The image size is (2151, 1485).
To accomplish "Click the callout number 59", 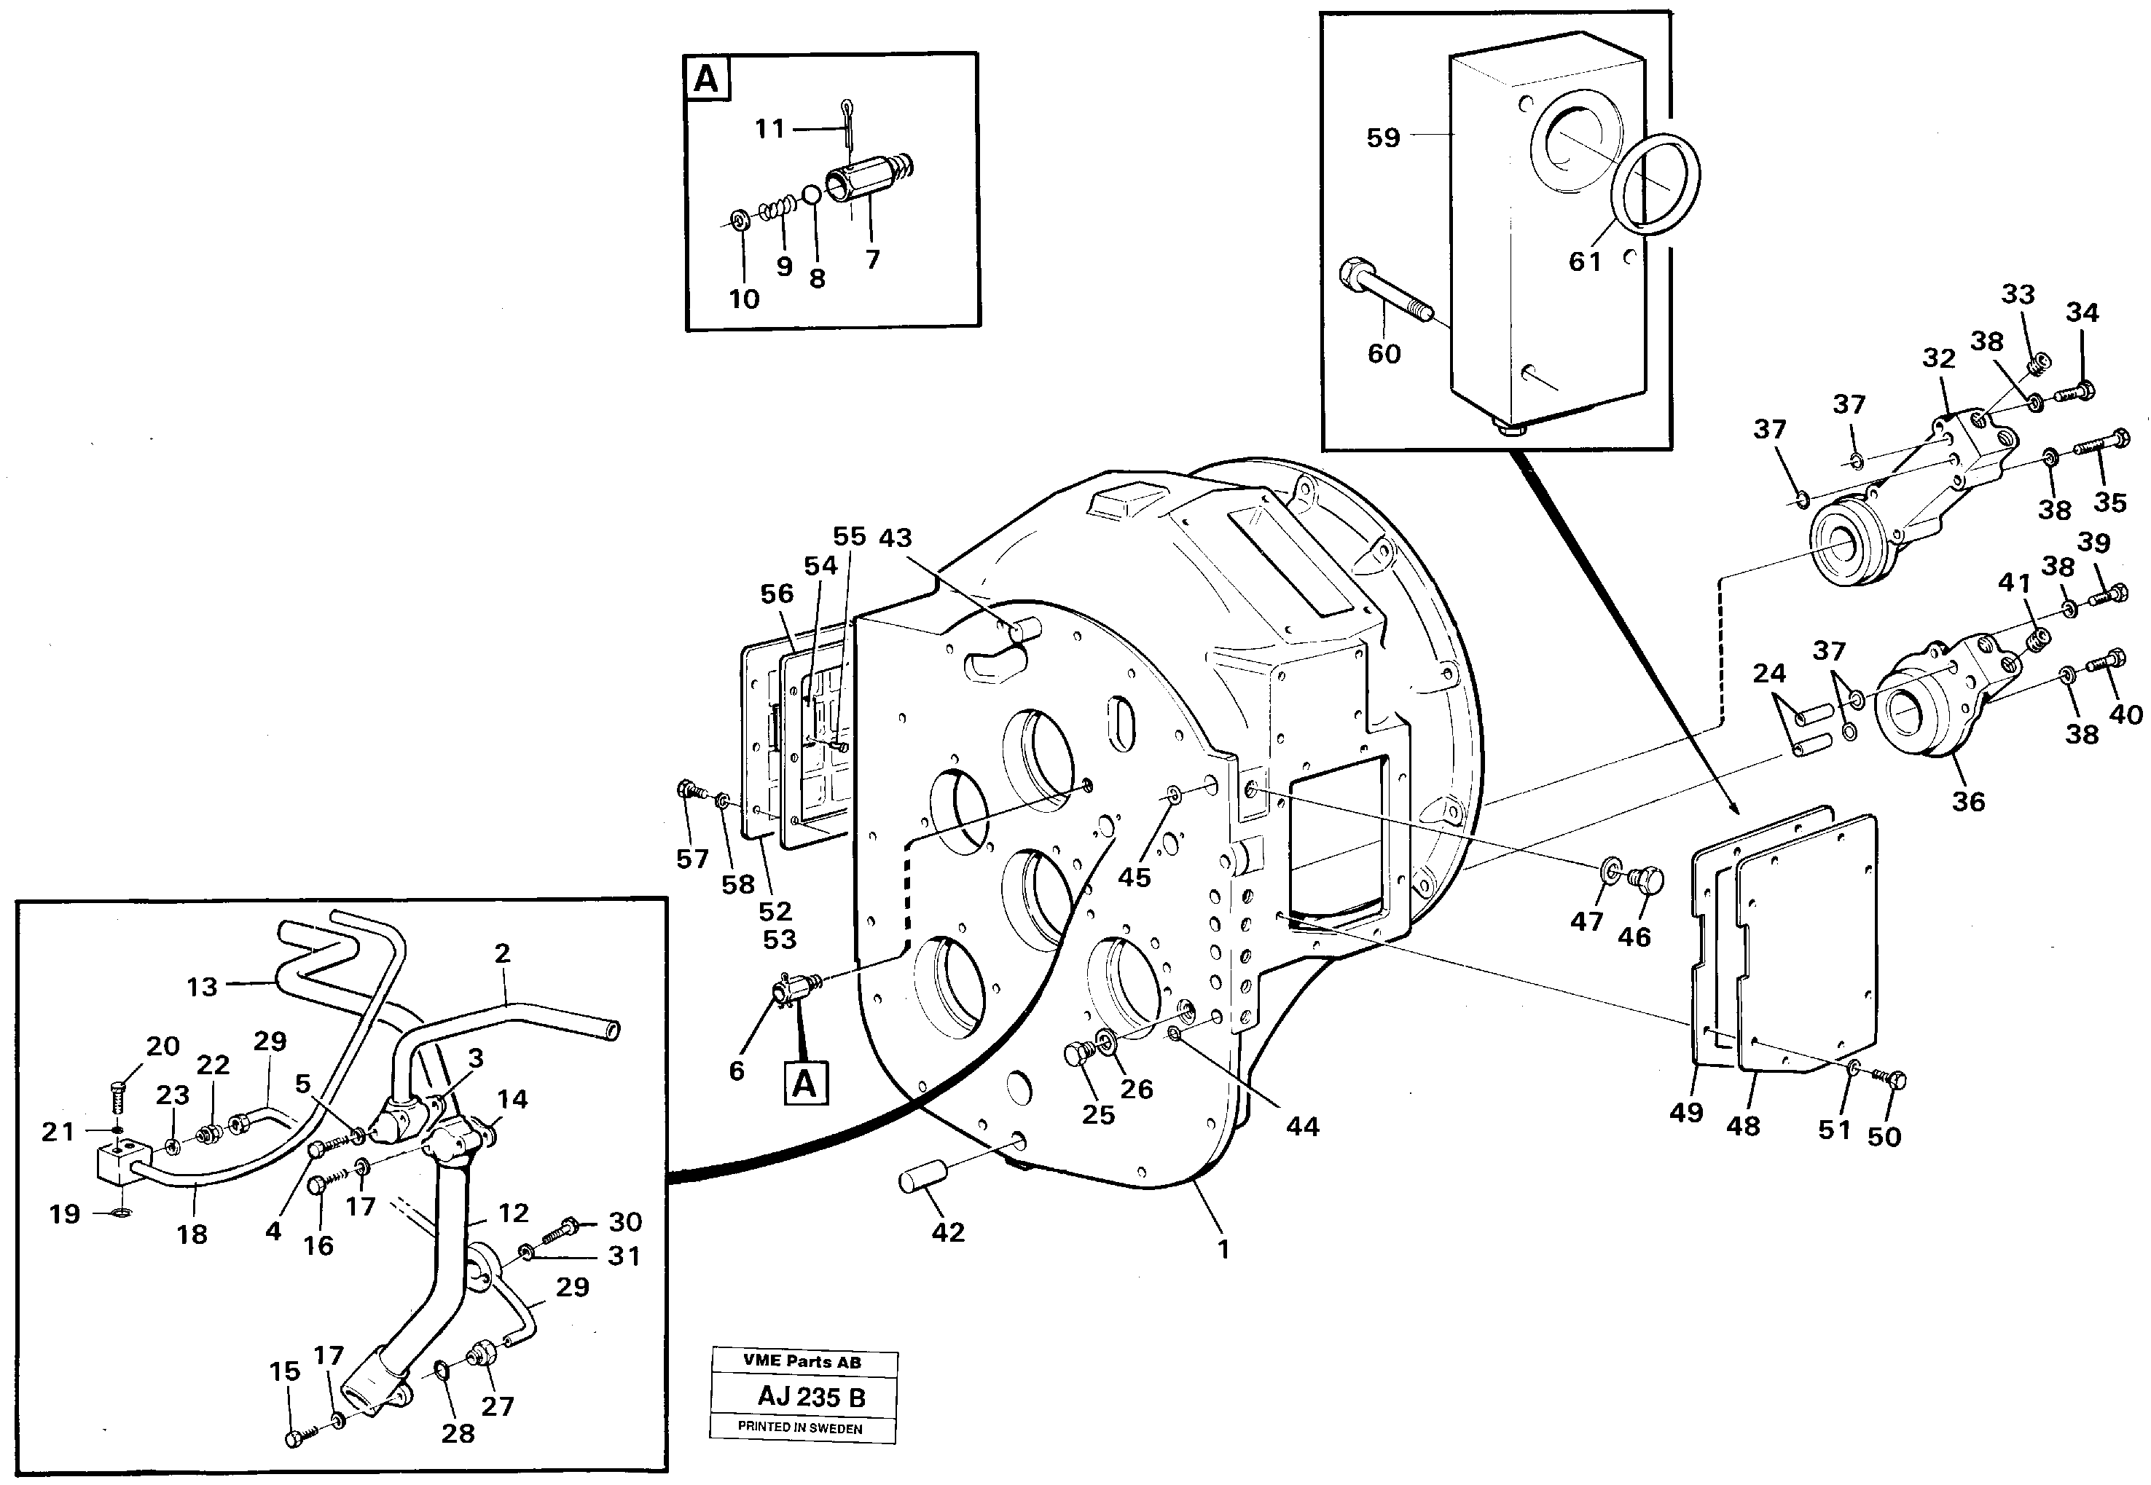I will tap(1382, 138).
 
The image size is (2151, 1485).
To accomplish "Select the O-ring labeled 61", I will tap(1656, 181).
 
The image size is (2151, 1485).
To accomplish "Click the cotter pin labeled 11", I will tap(849, 123).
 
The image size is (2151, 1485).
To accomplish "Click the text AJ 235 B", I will tap(811, 1398).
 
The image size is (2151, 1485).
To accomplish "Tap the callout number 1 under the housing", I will tap(1223, 1248).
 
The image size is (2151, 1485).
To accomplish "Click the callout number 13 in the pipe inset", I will tap(202, 986).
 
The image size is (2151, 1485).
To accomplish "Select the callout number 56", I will tap(776, 594).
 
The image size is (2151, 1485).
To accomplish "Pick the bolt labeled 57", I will tap(687, 791).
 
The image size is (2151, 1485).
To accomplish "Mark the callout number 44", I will tap(1302, 1127).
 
